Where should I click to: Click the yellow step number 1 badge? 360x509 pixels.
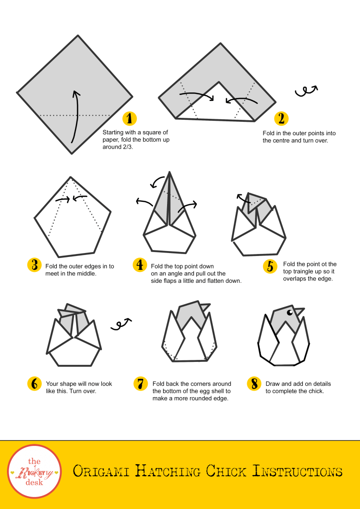pos(129,118)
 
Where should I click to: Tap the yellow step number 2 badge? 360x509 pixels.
pos(281,118)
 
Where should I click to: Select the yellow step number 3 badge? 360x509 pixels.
pos(34,265)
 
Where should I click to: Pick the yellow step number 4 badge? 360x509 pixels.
pos(140,265)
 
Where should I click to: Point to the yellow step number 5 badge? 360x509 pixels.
pos(270,266)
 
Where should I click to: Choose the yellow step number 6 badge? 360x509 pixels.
pos(34,384)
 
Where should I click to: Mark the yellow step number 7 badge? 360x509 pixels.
pos(141,384)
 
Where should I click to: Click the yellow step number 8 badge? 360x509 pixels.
pos(254,384)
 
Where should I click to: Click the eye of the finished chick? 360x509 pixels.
pos(289,312)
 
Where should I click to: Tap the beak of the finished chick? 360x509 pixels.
pos(299,311)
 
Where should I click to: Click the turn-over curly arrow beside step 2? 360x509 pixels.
pos(306,91)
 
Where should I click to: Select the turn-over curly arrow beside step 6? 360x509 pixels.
pos(121,324)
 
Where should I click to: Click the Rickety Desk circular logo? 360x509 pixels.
pos(34,471)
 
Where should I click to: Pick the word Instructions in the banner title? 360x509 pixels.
pos(297,471)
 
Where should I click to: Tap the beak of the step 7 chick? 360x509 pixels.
pos(205,307)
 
